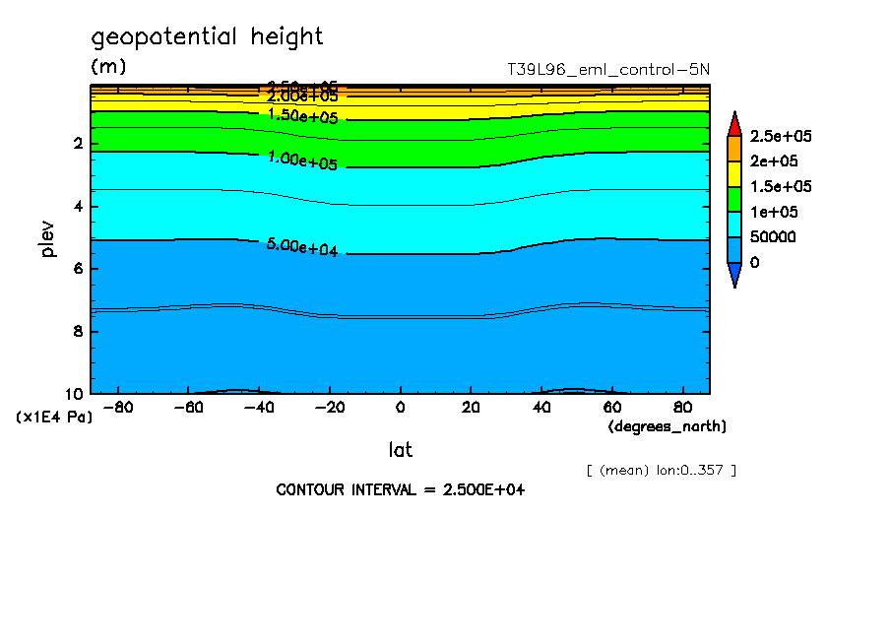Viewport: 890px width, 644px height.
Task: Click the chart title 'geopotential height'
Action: point(207,37)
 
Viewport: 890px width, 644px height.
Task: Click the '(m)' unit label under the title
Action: point(108,67)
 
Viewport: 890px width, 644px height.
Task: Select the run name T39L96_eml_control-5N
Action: point(607,70)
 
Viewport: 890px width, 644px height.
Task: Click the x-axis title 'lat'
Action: point(400,450)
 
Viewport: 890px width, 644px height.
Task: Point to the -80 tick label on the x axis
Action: point(118,407)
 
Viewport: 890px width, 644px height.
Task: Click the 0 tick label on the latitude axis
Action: point(400,407)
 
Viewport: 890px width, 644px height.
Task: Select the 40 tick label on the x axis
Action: point(540,407)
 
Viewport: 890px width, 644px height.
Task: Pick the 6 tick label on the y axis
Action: point(78,269)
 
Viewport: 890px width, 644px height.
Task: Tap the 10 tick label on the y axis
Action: point(74,393)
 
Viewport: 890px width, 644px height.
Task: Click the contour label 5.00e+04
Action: point(302,247)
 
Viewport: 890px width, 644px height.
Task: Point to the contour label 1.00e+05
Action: point(302,161)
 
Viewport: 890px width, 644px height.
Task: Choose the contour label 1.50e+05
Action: point(302,116)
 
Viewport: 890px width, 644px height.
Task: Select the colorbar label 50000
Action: point(772,237)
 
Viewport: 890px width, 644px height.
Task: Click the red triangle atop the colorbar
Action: point(733,123)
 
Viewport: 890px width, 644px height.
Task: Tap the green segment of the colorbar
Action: point(733,199)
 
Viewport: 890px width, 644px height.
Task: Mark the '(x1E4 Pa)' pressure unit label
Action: point(54,418)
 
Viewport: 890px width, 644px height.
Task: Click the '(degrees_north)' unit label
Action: point(667,426)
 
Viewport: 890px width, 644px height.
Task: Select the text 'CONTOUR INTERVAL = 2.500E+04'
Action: point(401,489)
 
